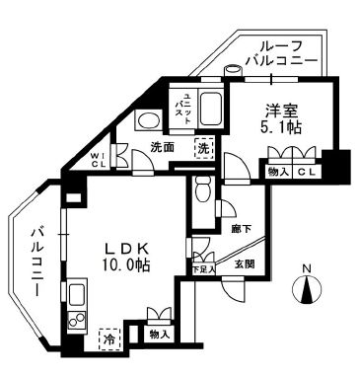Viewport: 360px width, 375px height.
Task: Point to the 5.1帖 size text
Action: (x=282, y=129)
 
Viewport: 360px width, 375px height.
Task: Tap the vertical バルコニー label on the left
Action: (x=36, y=267)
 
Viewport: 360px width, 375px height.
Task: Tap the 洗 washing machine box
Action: (x=202, y=148)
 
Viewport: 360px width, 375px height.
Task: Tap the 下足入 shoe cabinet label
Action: (x=203, y=266)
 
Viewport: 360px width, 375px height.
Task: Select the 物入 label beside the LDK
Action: (x=159, y=336)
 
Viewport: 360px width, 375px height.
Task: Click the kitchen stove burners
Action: (x=76, y=320)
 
